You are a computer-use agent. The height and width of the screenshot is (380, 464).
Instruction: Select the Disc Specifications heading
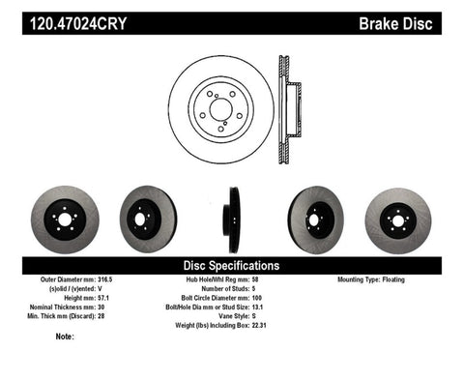(x=232, y=264)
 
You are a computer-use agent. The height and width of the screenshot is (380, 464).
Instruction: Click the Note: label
(x=66, y=337)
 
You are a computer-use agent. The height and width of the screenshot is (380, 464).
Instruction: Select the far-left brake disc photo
(x=64, y=219)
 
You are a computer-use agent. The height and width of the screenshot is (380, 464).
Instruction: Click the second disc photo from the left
(x=148, y=219)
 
